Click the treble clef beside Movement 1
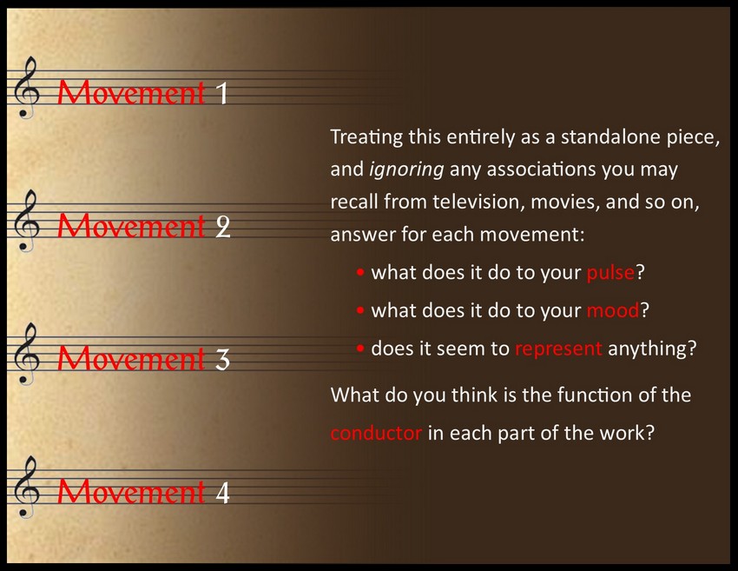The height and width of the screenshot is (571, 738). (x=26, y=87)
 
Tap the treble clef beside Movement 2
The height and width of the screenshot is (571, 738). (x=26, y=221)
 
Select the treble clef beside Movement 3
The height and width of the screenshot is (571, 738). (x=26, y=354)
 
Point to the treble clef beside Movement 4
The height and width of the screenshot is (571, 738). (x=26, y=488)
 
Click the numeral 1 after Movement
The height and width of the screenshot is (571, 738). (x=222, y=93)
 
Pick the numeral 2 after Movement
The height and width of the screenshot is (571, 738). (x=223, y=226)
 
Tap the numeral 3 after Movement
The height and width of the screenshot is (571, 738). (x=222, y=360)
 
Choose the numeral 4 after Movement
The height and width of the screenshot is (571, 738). (x=222, y=493)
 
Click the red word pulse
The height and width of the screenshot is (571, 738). (x=610, y=273)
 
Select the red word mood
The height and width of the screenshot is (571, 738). (x=613, y=310)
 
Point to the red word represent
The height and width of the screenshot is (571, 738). (x=558, y=349)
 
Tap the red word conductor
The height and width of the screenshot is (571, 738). (x=376, y=433)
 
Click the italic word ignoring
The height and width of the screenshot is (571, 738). (x=406, y=169)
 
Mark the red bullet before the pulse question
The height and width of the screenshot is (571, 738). (x=360, y=272)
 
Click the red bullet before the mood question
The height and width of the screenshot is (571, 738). (x=360, y=310)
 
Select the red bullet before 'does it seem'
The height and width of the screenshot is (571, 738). (x=360, y=349)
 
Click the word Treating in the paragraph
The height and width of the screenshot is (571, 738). (x=366, y=137)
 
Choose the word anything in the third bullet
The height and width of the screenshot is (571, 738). (x=652, y=349)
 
